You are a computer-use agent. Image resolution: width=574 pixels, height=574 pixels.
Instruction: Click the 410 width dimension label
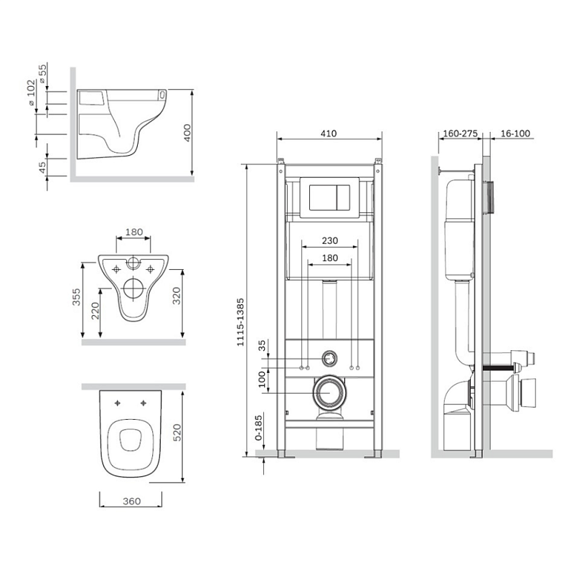click(329, 133)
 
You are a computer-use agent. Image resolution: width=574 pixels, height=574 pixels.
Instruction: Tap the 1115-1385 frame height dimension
click(240, 322)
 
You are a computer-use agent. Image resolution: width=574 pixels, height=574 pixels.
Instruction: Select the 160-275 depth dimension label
click(460, 133)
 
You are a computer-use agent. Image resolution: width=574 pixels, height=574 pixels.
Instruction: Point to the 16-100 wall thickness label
click(515, 133)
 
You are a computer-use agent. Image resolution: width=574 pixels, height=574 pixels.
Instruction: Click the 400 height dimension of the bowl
click(187, 133)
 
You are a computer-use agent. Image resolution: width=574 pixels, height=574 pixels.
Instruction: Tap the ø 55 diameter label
click(43, 73)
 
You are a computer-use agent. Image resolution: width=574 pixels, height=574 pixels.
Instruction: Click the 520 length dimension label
click(177, 433)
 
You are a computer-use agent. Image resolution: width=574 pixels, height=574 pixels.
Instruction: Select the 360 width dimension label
click(132, 501)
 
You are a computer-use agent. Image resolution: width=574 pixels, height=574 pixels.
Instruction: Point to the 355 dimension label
click(76, 297)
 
